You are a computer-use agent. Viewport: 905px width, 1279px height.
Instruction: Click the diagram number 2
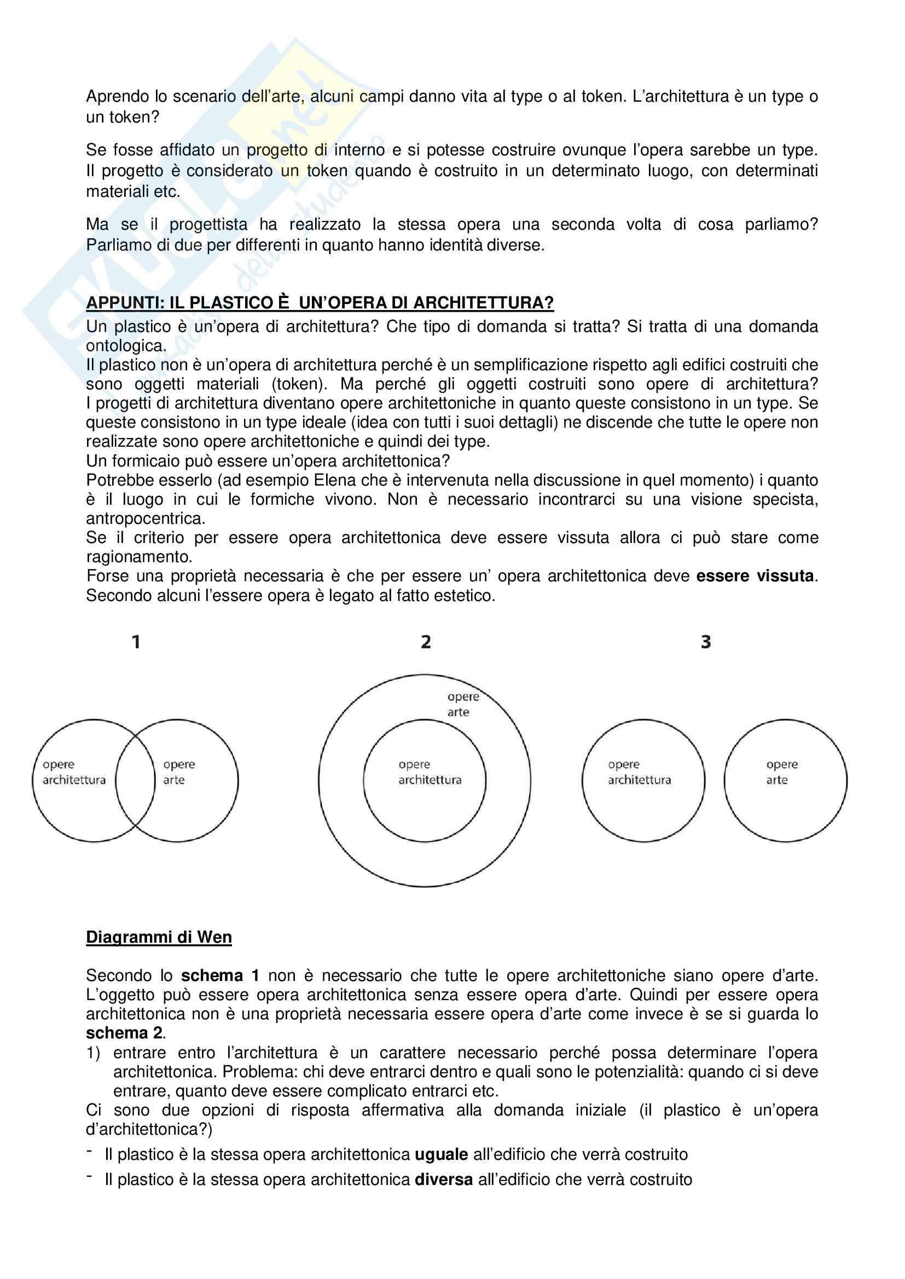point(426,642)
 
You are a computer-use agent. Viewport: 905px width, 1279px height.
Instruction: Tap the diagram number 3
point(705,642)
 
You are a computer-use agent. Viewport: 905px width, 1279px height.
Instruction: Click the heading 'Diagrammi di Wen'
point(159,937)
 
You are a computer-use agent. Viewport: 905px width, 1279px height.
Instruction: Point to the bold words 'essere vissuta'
point(755,575)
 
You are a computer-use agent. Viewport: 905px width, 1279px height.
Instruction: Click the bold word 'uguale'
point(442,1154)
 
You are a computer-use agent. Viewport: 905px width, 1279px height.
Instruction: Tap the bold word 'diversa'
point(444,1179)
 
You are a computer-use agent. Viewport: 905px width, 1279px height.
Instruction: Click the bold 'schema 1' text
point(220,976)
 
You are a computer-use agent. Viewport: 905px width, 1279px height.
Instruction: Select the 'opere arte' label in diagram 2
point(462,704)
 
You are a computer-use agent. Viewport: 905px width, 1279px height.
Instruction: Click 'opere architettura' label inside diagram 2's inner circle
point(430,772)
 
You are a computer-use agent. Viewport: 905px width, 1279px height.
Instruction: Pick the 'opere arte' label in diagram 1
point(178,772)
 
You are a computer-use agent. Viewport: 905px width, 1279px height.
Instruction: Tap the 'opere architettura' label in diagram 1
point(73,772)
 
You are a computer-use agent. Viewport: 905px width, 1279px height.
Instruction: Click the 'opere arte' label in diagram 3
point(781,772)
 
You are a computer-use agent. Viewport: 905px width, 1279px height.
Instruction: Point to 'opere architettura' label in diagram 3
point(639,772)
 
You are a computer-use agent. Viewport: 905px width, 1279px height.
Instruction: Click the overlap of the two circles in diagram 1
point(135,780)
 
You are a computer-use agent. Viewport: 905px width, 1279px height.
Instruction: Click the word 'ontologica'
point(125,346)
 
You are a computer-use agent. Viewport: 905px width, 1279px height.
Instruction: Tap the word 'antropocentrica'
point(145,518)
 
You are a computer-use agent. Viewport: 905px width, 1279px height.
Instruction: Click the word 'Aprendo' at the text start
point(118,96)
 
